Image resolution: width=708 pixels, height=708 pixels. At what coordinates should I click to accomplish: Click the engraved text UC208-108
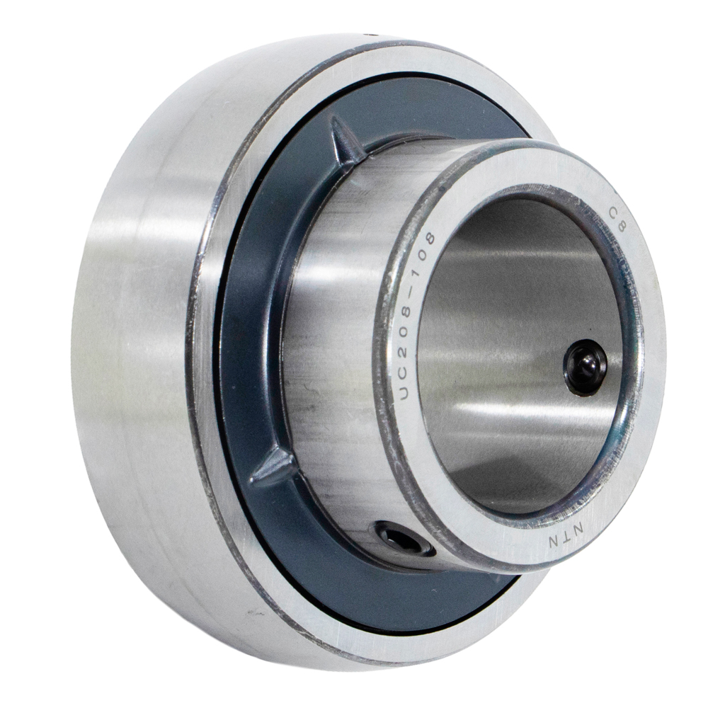[414, 315]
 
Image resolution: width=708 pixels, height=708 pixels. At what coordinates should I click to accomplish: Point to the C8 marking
[617, 219]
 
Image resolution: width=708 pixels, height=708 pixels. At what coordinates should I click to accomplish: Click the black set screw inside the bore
[586, 367]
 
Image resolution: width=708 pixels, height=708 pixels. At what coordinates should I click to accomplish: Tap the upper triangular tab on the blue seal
[346, 140]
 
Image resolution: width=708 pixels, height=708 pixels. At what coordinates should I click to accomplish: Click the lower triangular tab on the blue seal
[273, 467]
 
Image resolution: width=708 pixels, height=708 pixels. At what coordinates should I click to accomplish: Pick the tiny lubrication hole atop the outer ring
[372, 34]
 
